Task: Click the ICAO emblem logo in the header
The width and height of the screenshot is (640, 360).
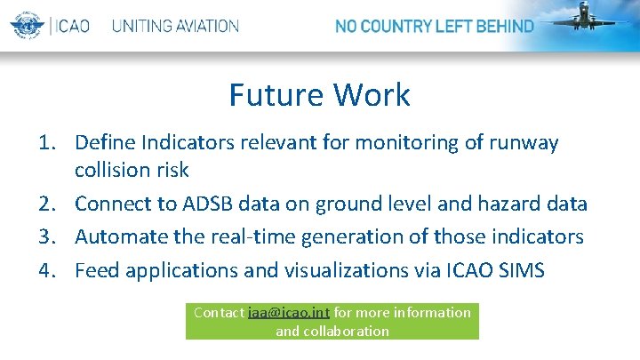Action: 28,25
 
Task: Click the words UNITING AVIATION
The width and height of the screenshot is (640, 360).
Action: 175,26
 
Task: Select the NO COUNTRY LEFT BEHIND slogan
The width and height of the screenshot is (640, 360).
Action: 435,26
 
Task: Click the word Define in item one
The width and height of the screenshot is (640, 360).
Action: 106,142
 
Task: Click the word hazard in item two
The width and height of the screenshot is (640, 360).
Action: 502,204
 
